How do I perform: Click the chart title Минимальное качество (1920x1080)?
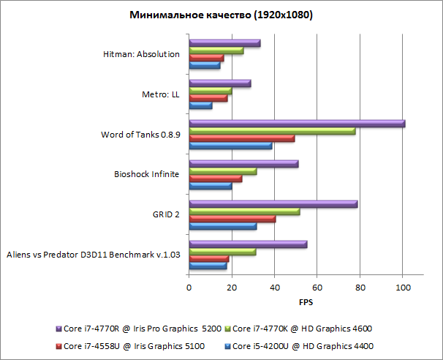(x=221, y=15)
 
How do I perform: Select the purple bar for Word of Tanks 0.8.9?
(x=297, y=124)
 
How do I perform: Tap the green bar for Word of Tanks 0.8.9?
(x=272, y=131)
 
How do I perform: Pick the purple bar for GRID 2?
(x=273, y=204)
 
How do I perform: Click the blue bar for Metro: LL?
(x=200, y=106)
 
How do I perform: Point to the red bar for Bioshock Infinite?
(x=215, y=179)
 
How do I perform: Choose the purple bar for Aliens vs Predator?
(x=248, y=244)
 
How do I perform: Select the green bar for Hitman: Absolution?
(x=216, y=50)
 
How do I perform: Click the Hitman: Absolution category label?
(x=142, y=54)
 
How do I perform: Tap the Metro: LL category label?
(x=161, y=94)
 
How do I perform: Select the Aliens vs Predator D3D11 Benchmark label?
(x=93, y=255)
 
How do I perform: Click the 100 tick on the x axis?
(x=402, y=288)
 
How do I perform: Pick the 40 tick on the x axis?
(x=274, y=288)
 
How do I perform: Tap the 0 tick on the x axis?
(x=189, y=288)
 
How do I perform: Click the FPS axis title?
(x=306, y=301)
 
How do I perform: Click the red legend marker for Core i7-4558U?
(x=58, y=345)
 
